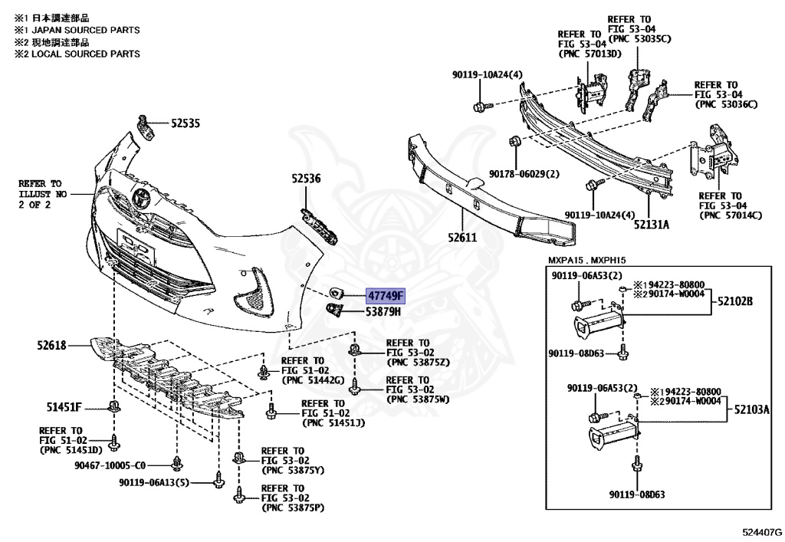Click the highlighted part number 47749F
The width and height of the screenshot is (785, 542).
pyautogui.click(x=385, y=295)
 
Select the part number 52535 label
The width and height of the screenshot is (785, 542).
pyautogui.click(x=185, y=123)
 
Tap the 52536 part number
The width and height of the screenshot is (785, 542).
pyautogui.click(x=305, y=179)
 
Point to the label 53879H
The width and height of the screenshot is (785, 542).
pyautogui.click(x=383, y=312)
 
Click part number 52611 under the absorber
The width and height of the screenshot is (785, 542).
pyautogui.click(x=463, y=238)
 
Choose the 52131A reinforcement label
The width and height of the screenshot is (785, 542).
pyautogui.click(x=651, y=224)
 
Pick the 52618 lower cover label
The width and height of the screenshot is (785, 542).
pyautogui.click(x=51, y=346)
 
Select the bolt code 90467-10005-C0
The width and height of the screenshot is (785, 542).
pyautogui.click(x=110, y=465)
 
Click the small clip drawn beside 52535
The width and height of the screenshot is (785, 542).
pyautogui.click(x=146, y=126)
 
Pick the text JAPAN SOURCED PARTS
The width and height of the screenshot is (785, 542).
pyautogui.click(x=84, y=30)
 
